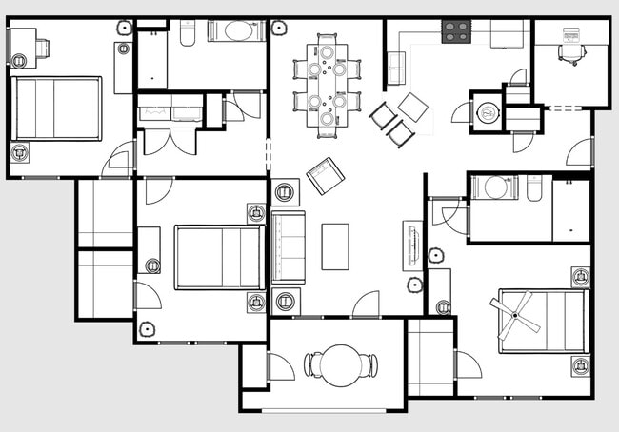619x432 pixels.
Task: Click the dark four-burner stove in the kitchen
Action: pyautogui.click(x=455, y=31)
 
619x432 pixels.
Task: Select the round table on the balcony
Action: pyautogui.click(x=340, y=364)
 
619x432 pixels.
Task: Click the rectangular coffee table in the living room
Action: pyautogui.click(x=335, y=246)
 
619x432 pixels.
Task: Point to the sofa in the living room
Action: pyautogui.click(x=289, y=247)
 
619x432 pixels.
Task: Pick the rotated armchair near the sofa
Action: pyautogui.click(x=325, y=176)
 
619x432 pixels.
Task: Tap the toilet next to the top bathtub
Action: pyautogui.click(x=187, y=31)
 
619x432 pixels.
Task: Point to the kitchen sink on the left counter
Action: pyautogui.click(x=396, y=68)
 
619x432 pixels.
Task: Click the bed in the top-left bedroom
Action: pyautogui.click(x=56, y=108)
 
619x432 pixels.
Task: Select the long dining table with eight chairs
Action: pyautogui.click(x=327, y=84)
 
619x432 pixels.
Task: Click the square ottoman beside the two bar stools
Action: pyautogui.click(x=413, y=106)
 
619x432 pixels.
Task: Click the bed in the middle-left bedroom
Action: pyautogui.click(x=219, y=257)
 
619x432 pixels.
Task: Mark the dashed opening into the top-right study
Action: pyautogui.click(x=562, y=108)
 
